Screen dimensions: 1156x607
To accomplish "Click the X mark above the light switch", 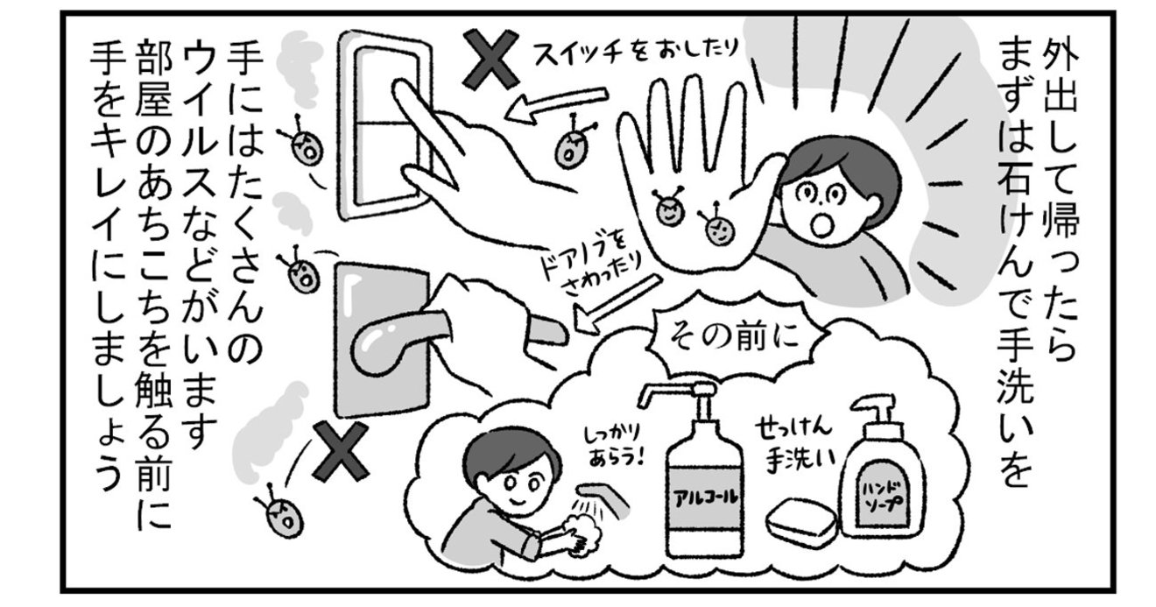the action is tap(490, 59).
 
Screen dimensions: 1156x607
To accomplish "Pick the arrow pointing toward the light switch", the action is tap(556, 105).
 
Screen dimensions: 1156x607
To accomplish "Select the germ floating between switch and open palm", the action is tap(572, 144).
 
